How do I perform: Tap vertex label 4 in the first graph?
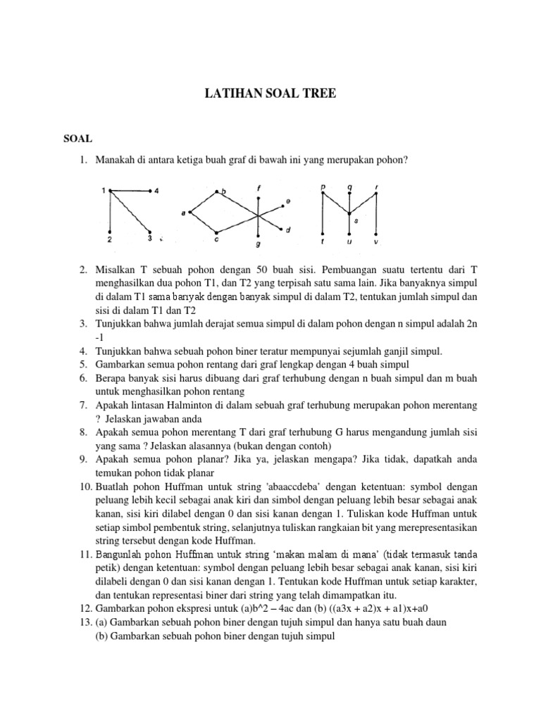[x=157, y=191]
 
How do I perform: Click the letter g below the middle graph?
[x=259, y=245]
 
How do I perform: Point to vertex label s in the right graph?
[x=356, y=220]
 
